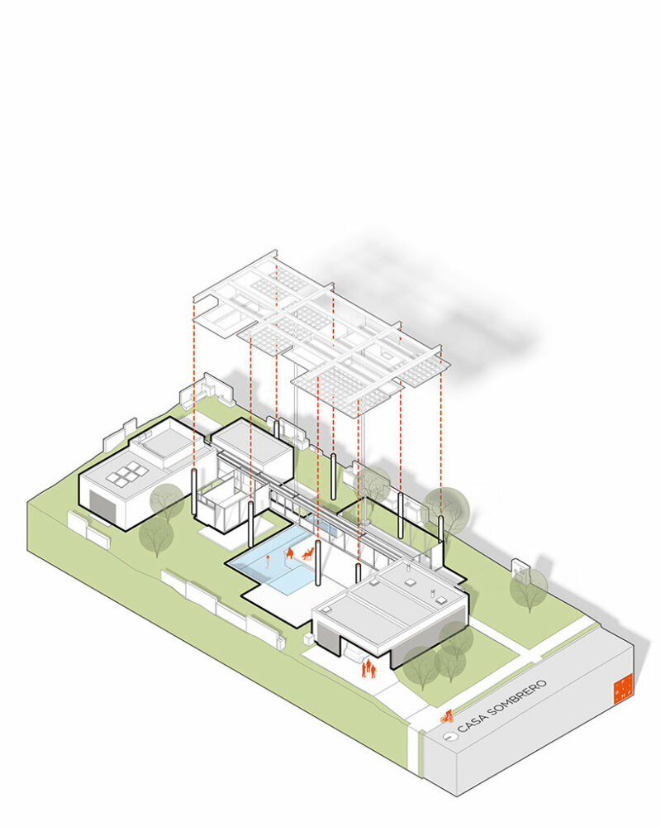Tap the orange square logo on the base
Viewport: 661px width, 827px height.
point(622,688)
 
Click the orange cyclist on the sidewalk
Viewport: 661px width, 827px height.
point(447,716)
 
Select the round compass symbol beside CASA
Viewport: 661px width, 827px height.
point(447,734)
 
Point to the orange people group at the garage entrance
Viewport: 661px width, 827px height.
point(369,667)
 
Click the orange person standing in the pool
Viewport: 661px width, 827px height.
point(269,563)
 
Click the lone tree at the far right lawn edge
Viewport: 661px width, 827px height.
point(528,587)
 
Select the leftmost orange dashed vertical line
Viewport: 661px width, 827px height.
point(194,389)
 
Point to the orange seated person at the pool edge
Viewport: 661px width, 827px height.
point(290,553)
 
